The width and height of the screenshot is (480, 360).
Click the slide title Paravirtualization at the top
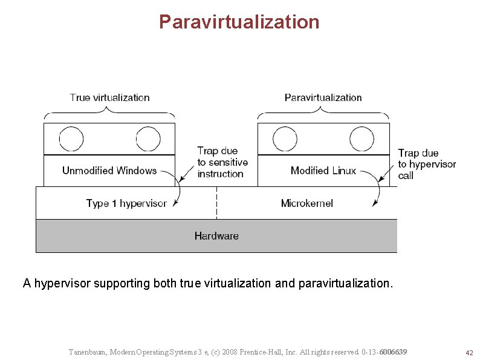(x=239, y=22)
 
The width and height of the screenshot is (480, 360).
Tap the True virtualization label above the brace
(x=109, y=97)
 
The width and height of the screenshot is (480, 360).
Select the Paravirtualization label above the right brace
(x=323, y=97)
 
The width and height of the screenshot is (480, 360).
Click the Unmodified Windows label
(x=109, y=171)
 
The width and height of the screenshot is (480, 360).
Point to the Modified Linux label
(x=323, y=171)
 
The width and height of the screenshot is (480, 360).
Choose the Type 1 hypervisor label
(x=126, y=203)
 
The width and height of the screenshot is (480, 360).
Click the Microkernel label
(x=306, y=203)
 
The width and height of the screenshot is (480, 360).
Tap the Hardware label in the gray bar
(x=216, y=236)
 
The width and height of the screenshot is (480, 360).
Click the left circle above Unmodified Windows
(x=71, y=139)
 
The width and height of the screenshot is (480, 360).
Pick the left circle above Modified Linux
(x=285, y=139)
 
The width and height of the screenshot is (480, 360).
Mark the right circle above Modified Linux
(x=362, y=139)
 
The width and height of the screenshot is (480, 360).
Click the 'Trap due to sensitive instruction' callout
(x=222, y=162)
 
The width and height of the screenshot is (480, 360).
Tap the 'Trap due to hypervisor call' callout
(x=426, y=164)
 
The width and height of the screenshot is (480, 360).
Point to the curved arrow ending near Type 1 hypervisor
(x=179, y=191)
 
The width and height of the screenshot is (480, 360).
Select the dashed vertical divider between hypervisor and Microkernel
(x=216, y=203)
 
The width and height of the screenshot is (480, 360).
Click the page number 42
(x=469, y=353)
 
